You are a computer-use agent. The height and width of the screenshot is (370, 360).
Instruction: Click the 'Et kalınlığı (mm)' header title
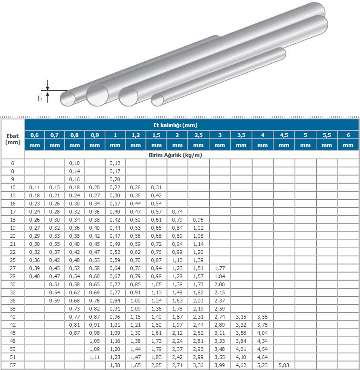click(x=175, y=125)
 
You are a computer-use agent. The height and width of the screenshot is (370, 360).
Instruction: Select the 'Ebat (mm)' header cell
click(x=13, y=139)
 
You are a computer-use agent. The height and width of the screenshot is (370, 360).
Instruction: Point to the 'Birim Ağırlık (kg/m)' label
click(x=175, y=155)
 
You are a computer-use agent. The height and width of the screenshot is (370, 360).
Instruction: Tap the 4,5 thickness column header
click(x=284, y=135)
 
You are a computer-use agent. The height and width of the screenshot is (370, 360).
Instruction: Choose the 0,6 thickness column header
click(x=35, y=135)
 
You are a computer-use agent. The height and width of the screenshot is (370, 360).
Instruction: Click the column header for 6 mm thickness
click(x=348, y=135)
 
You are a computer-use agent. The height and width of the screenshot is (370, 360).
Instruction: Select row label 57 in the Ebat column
click(x=13, y=365)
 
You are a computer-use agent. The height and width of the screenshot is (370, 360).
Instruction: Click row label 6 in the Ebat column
click(x=13, y=163)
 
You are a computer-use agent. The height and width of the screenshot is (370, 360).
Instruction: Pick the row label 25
click(x=13, y=260)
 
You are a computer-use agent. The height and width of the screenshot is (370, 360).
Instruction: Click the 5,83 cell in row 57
click(x=284, y=365)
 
